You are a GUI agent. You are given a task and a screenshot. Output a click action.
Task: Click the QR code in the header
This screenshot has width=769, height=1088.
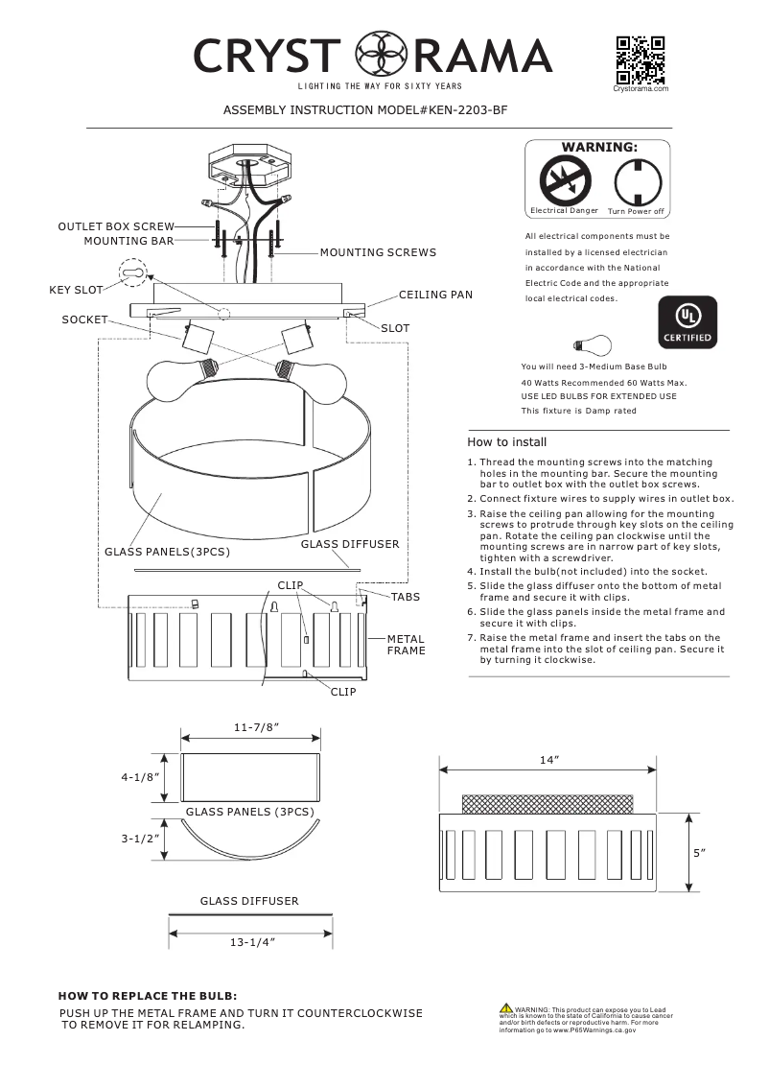[x=641, y=59]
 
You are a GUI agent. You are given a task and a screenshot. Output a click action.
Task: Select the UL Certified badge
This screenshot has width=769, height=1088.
[x=687, y=321]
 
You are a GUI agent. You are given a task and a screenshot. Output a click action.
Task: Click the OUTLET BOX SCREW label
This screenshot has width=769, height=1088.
[x=116, y=226]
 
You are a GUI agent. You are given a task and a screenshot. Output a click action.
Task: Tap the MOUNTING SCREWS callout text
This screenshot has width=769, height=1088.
[x=378, y=252]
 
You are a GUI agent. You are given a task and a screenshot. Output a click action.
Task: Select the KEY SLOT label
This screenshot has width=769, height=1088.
[x=76, y=289]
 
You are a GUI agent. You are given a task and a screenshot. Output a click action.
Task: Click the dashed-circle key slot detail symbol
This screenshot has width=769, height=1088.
[x=134, y=273]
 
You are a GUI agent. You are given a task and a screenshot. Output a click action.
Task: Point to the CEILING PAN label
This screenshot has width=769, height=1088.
[x=435, y=295]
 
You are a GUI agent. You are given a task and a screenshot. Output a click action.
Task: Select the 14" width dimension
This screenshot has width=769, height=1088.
[x=548, y=759]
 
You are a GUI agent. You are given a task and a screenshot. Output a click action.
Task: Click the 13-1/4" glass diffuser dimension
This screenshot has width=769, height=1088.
[x=252, y=943]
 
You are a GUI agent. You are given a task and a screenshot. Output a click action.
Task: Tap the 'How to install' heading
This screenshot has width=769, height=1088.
[x=506, y=442]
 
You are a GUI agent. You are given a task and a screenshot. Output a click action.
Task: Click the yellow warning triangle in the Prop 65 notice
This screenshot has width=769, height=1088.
[x=505, y=1008]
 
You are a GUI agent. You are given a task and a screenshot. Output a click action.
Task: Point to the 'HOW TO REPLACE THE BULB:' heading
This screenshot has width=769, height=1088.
[x=148, y=996]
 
